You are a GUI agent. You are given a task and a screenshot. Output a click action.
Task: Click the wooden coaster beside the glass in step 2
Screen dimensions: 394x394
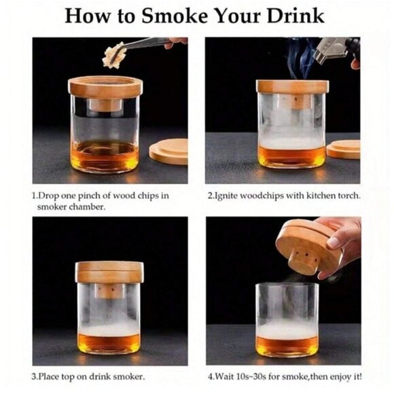pyautogui.click(x=344, y=149)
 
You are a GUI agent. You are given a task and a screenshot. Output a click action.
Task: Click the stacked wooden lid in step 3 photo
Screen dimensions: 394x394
pyautogui.click(x=109, y=272)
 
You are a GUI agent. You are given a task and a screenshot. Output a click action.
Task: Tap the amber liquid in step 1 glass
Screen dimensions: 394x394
pyautogui.click(x=105, y=156)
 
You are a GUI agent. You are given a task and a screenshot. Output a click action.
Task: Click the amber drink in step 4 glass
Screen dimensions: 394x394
pyautogui.click(x=287, y=344)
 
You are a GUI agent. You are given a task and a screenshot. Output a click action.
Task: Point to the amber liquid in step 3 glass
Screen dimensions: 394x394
pyautogui.click(x=109, y=342)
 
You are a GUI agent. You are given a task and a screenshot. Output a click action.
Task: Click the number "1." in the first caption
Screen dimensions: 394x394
pyautogui.click(x=35, y=196)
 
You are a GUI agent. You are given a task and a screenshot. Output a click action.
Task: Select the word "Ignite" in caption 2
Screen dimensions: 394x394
pyautogui.click(x=228, y=196)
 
